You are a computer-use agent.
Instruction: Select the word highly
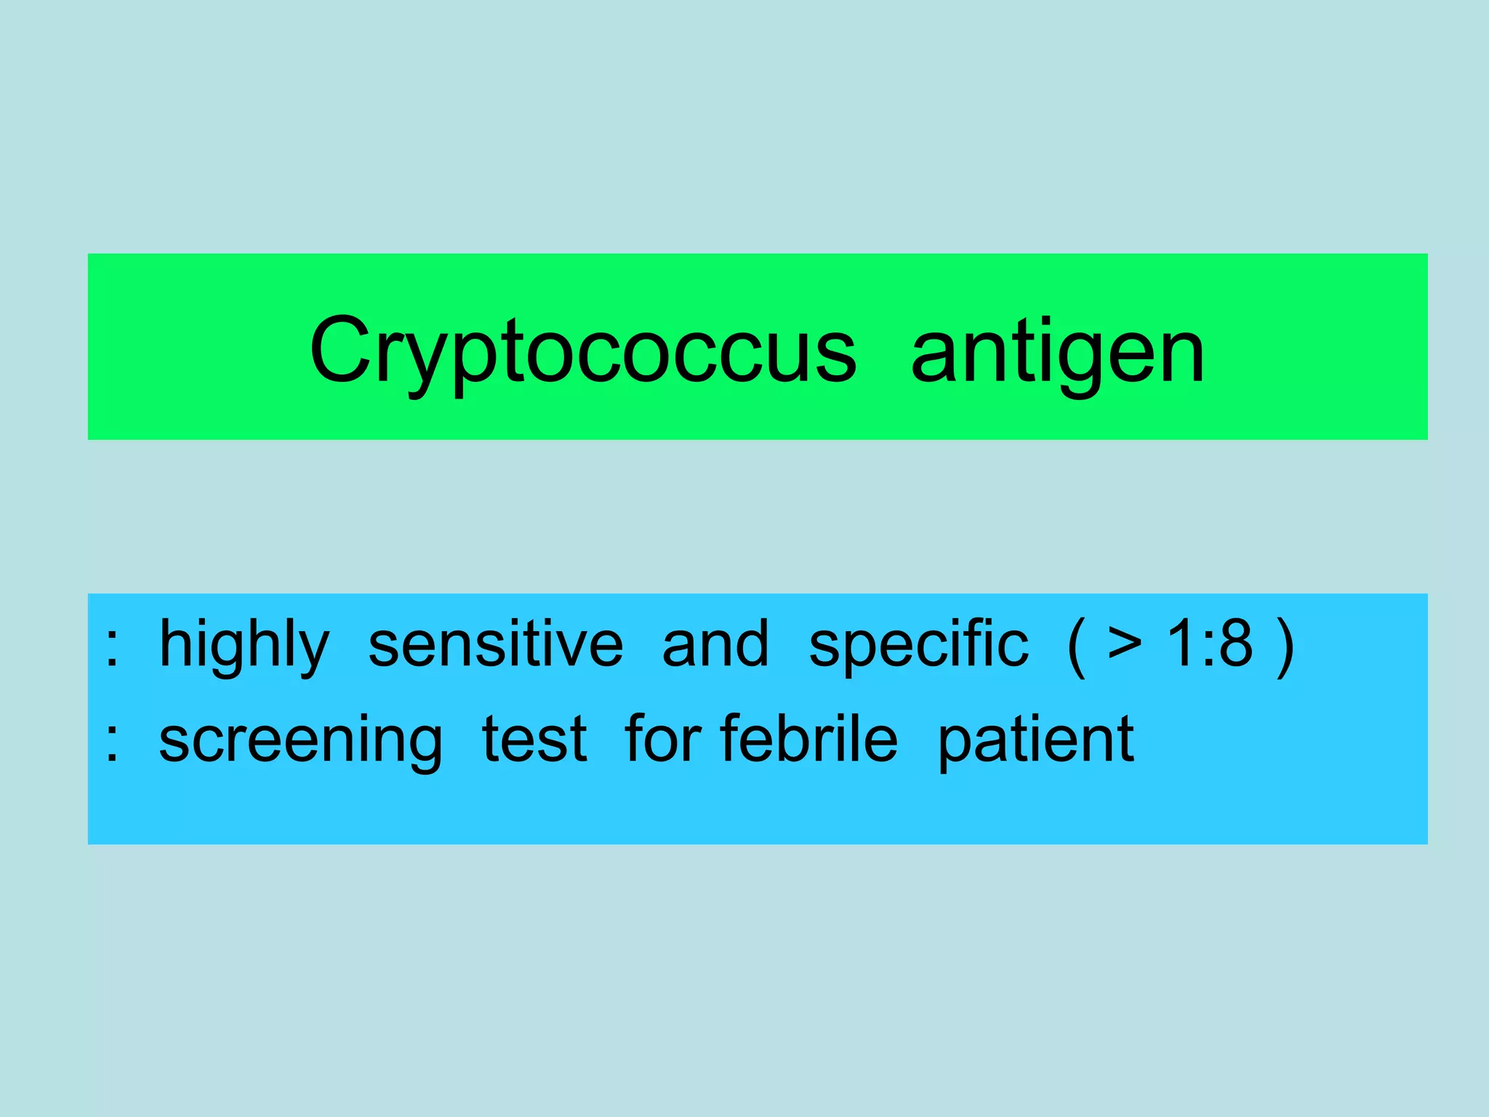pyautogui.click(x=244, y=645)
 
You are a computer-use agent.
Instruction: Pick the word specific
pyautogui.click(x=919, y=645)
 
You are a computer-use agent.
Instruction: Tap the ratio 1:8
pyautogui.click(x=1210, y=644)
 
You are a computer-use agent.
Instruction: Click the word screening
pyautogui.click(x=300, y=740)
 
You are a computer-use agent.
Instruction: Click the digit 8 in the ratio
pyautogui.click(x=1235, y=644)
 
